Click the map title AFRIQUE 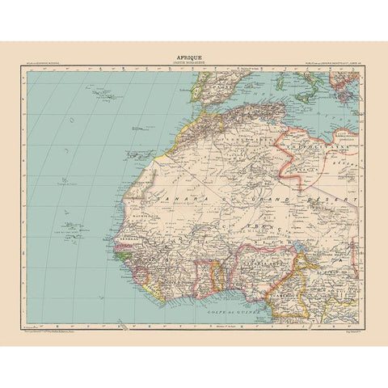(x=194, y=57)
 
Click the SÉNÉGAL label (x=128, y=241)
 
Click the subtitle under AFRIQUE (x=194, y=64)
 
